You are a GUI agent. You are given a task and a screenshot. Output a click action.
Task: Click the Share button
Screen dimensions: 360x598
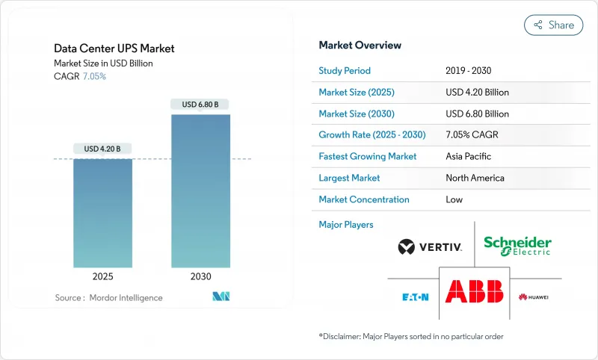(553, 25)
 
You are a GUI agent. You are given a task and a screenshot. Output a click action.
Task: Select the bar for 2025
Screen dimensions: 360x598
(102, 213)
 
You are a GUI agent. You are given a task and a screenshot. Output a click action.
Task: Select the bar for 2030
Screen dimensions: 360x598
(200, 190)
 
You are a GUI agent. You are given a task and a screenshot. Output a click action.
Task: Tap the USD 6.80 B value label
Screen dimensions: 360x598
(200, 105)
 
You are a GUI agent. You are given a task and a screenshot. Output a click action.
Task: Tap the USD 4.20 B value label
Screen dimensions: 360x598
(102, 149)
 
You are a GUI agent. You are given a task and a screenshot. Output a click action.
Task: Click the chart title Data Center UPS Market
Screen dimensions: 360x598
(114, 49)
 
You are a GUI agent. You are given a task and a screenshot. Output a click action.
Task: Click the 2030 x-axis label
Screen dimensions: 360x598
(200, 276)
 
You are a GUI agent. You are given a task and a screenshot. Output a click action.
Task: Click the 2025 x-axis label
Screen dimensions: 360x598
(102, 276)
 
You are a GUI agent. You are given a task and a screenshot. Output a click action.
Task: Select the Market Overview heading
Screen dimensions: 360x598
(360, 46)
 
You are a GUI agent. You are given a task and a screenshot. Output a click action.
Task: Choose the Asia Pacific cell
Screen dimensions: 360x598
(469, 157)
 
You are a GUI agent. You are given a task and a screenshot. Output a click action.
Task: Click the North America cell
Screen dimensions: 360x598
(475, 178)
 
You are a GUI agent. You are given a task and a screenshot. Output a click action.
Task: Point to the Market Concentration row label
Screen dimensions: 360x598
(364, 199)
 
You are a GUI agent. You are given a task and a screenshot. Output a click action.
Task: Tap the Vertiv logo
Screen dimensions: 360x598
(430, 246)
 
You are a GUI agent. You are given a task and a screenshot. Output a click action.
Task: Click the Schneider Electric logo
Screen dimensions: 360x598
(517, 246)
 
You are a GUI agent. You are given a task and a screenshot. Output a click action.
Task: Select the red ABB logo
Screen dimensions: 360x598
(474, 291)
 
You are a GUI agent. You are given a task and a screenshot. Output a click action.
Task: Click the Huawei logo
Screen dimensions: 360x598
(533, 297)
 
